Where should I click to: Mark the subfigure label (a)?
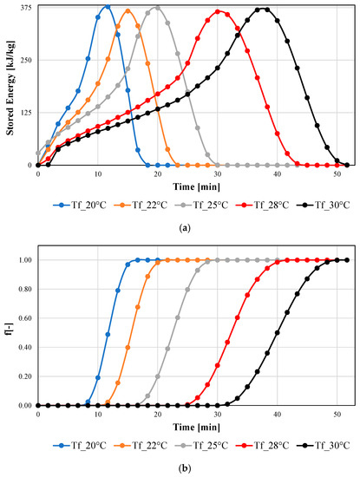[190, 229]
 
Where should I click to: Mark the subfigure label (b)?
[190, 469]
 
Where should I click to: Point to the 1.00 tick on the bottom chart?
[24, 260]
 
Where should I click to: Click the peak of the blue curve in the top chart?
[108, 6]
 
